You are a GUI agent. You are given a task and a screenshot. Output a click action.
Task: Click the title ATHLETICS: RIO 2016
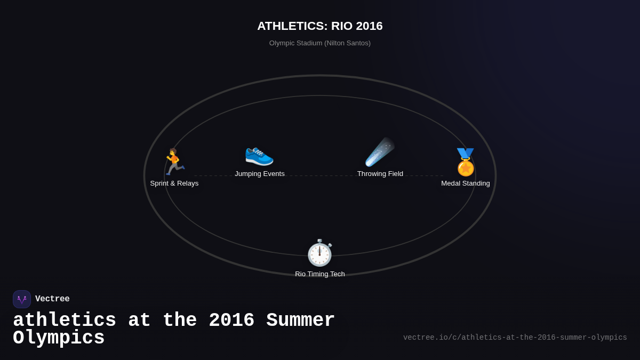320,26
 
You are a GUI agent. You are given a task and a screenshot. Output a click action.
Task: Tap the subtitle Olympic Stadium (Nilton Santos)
320,43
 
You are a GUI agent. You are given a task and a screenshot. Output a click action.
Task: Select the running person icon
174,162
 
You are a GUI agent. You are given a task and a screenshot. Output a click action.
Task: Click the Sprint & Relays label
174,183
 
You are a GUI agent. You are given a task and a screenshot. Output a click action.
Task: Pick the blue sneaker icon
259,154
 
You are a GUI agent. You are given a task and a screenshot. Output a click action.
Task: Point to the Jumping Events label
260,174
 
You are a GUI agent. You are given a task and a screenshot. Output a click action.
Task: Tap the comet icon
380,153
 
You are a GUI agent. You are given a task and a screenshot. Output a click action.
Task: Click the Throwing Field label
380,174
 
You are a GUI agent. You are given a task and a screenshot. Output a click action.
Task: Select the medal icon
466,162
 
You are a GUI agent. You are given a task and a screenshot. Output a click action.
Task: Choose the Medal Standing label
466,183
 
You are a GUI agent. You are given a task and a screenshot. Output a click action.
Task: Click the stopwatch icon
319,253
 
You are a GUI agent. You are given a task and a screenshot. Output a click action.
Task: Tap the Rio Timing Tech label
320,274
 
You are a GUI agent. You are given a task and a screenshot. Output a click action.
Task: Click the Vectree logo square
22,299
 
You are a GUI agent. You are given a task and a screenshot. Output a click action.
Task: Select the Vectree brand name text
52,299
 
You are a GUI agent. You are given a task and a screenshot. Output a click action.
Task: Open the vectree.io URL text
515,338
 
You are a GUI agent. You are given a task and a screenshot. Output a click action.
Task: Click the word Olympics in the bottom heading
59,338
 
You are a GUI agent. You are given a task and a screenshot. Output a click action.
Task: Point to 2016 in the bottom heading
231,321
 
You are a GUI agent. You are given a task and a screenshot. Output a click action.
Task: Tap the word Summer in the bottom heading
301,321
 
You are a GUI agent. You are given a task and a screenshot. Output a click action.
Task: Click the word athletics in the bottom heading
65,321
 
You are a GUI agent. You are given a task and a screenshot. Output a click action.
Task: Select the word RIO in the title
342,26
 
